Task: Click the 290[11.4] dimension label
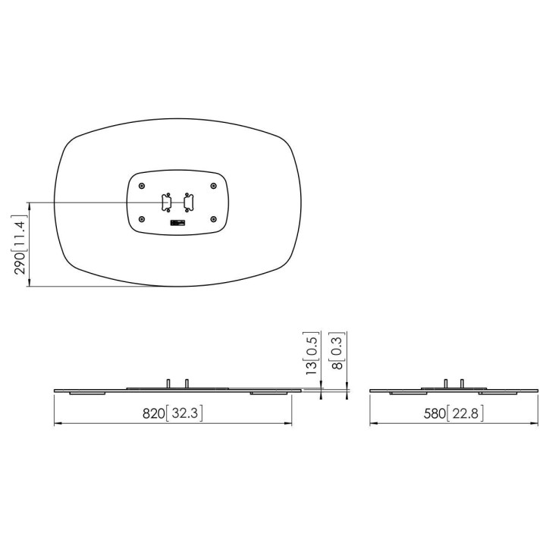tap(20, 245)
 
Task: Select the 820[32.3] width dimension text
tap(172, 413)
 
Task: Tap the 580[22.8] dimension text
tap(453, 413)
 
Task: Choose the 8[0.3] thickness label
tap(337, 350)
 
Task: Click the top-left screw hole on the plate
tap(141, 187)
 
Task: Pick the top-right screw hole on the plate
tap(213, 187)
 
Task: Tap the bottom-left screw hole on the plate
tap(141, 219)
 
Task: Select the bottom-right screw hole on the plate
tap(213, 219)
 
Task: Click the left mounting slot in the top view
tap(166, 202)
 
